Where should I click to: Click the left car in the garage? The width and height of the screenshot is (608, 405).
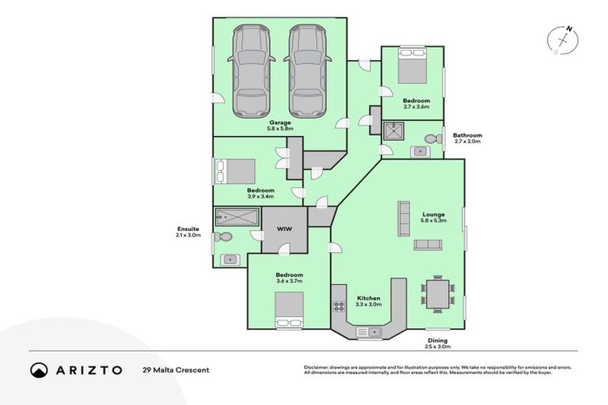pyautogui.click(x=249, y=71)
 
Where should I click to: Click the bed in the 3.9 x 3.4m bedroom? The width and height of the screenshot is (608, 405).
pyautogui.click(x=235, y=171)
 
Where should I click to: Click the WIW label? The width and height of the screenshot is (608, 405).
pyautogui.click(x=283, y=229)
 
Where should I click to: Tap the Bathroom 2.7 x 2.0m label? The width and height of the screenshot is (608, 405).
pyautogui.click(x=467, y=138)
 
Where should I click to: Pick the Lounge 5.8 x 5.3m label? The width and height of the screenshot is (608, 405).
pyautogui.click(x=433, y=218)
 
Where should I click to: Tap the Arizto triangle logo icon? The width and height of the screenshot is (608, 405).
pyautogui.click(x=39, y=370)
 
